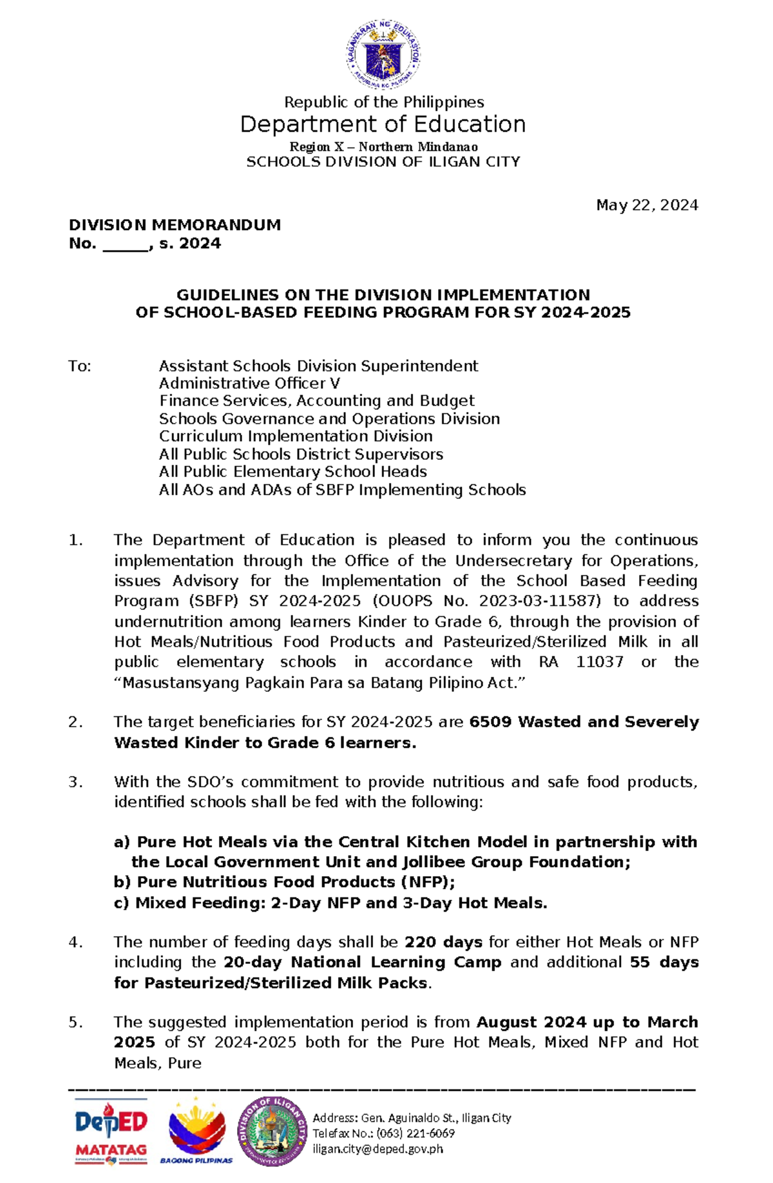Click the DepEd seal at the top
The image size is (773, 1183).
coord(383,54)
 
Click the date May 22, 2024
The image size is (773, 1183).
coord(647,205)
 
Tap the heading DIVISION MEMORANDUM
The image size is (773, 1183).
coord(175,225)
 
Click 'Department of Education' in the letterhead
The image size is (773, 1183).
coord(383,124)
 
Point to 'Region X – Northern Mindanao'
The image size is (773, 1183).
coord(383,147)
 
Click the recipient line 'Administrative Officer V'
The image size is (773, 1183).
coord(249,384)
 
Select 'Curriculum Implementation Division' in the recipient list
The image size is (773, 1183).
coord(296,436)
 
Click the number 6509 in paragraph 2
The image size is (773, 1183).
coord(491,722)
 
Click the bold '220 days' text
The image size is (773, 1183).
coord(443,943)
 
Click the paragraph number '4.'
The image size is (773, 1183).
coord(76,943)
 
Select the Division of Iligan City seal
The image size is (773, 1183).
coord(272,1131)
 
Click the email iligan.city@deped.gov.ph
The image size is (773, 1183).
coord(377,1148)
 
